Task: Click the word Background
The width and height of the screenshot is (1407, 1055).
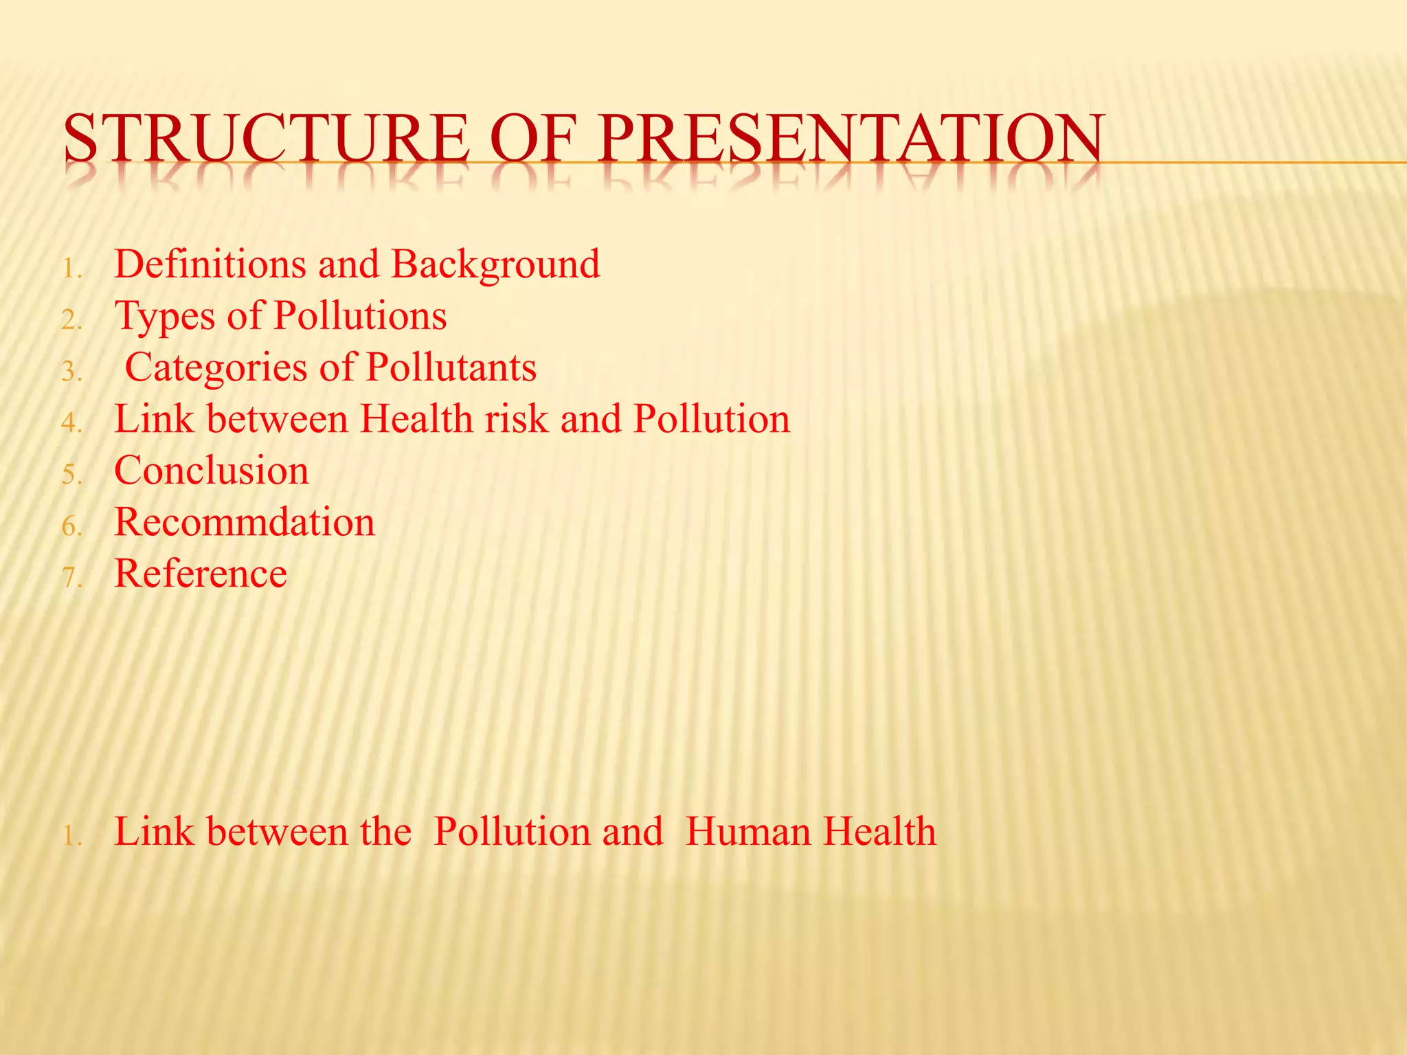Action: tap(495, 265)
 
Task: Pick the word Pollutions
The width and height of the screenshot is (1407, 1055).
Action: tap(360, 316)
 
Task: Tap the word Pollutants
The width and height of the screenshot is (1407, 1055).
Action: tap(451, 367)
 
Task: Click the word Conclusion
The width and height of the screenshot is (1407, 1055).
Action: tap(212, 471)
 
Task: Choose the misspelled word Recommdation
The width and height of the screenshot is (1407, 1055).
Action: tap(245, 522)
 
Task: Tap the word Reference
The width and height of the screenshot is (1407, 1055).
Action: tap(201, 574)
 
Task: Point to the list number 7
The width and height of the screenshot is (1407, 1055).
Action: tap(71, 578)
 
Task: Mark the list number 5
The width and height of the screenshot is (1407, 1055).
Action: tap(71, 475)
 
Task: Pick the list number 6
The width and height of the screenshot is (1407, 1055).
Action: tap(71, 526)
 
